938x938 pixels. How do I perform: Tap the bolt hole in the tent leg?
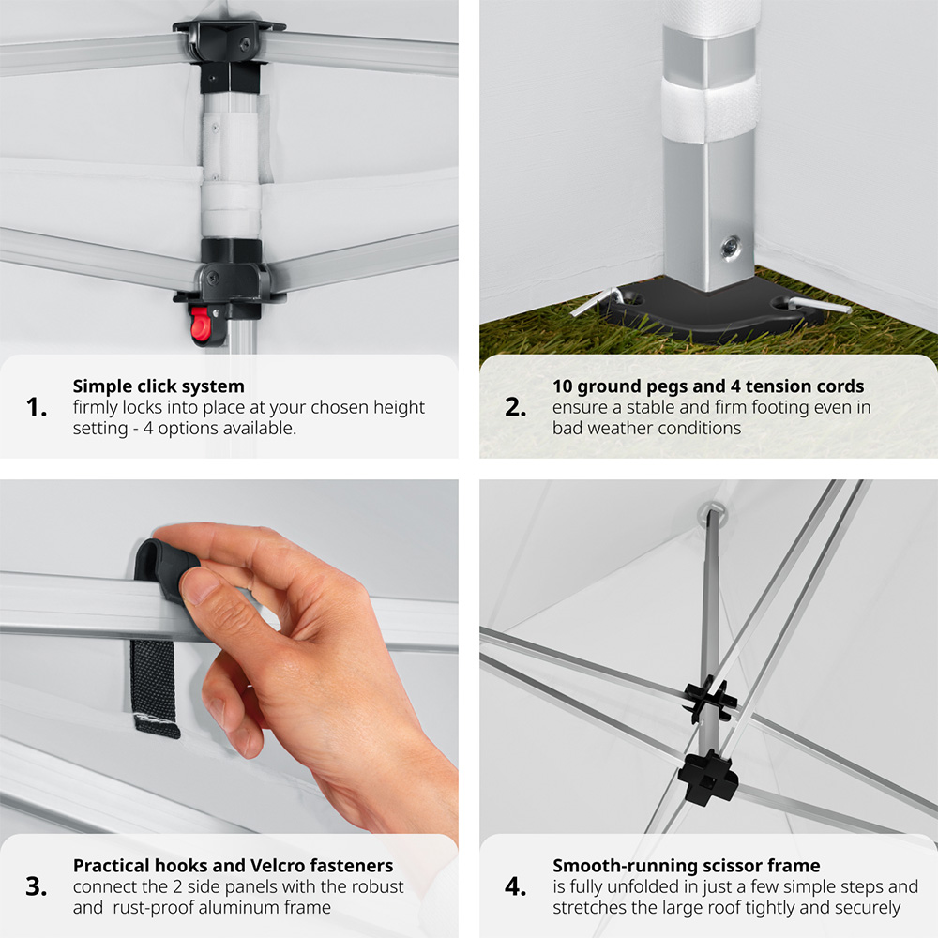tap(731, 246)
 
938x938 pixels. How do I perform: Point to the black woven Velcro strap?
tap(155, 688)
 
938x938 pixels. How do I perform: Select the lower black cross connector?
tap(708, 776)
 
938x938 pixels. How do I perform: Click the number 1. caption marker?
tap(37, 407)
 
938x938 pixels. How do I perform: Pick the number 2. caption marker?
tap(516, 407)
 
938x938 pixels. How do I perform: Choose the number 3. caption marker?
tap(37, 886)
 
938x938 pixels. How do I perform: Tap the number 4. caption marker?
tap(516, 886)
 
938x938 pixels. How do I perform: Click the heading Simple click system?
tap(159, 386)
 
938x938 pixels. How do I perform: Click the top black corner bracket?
tap(229, 40)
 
